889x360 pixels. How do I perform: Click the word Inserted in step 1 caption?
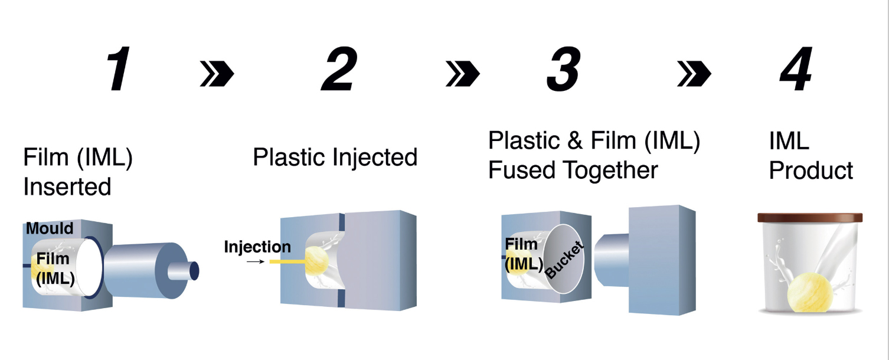coord(67,186)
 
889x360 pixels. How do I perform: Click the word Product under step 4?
coord(811,171)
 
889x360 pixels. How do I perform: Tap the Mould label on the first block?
coord(49,228)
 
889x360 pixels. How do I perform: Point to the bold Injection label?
coord(257,247)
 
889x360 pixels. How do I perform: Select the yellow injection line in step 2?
coord(286,261)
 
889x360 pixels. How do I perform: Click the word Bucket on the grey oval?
coord(564,260)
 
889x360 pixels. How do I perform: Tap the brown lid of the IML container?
coord(809,218)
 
